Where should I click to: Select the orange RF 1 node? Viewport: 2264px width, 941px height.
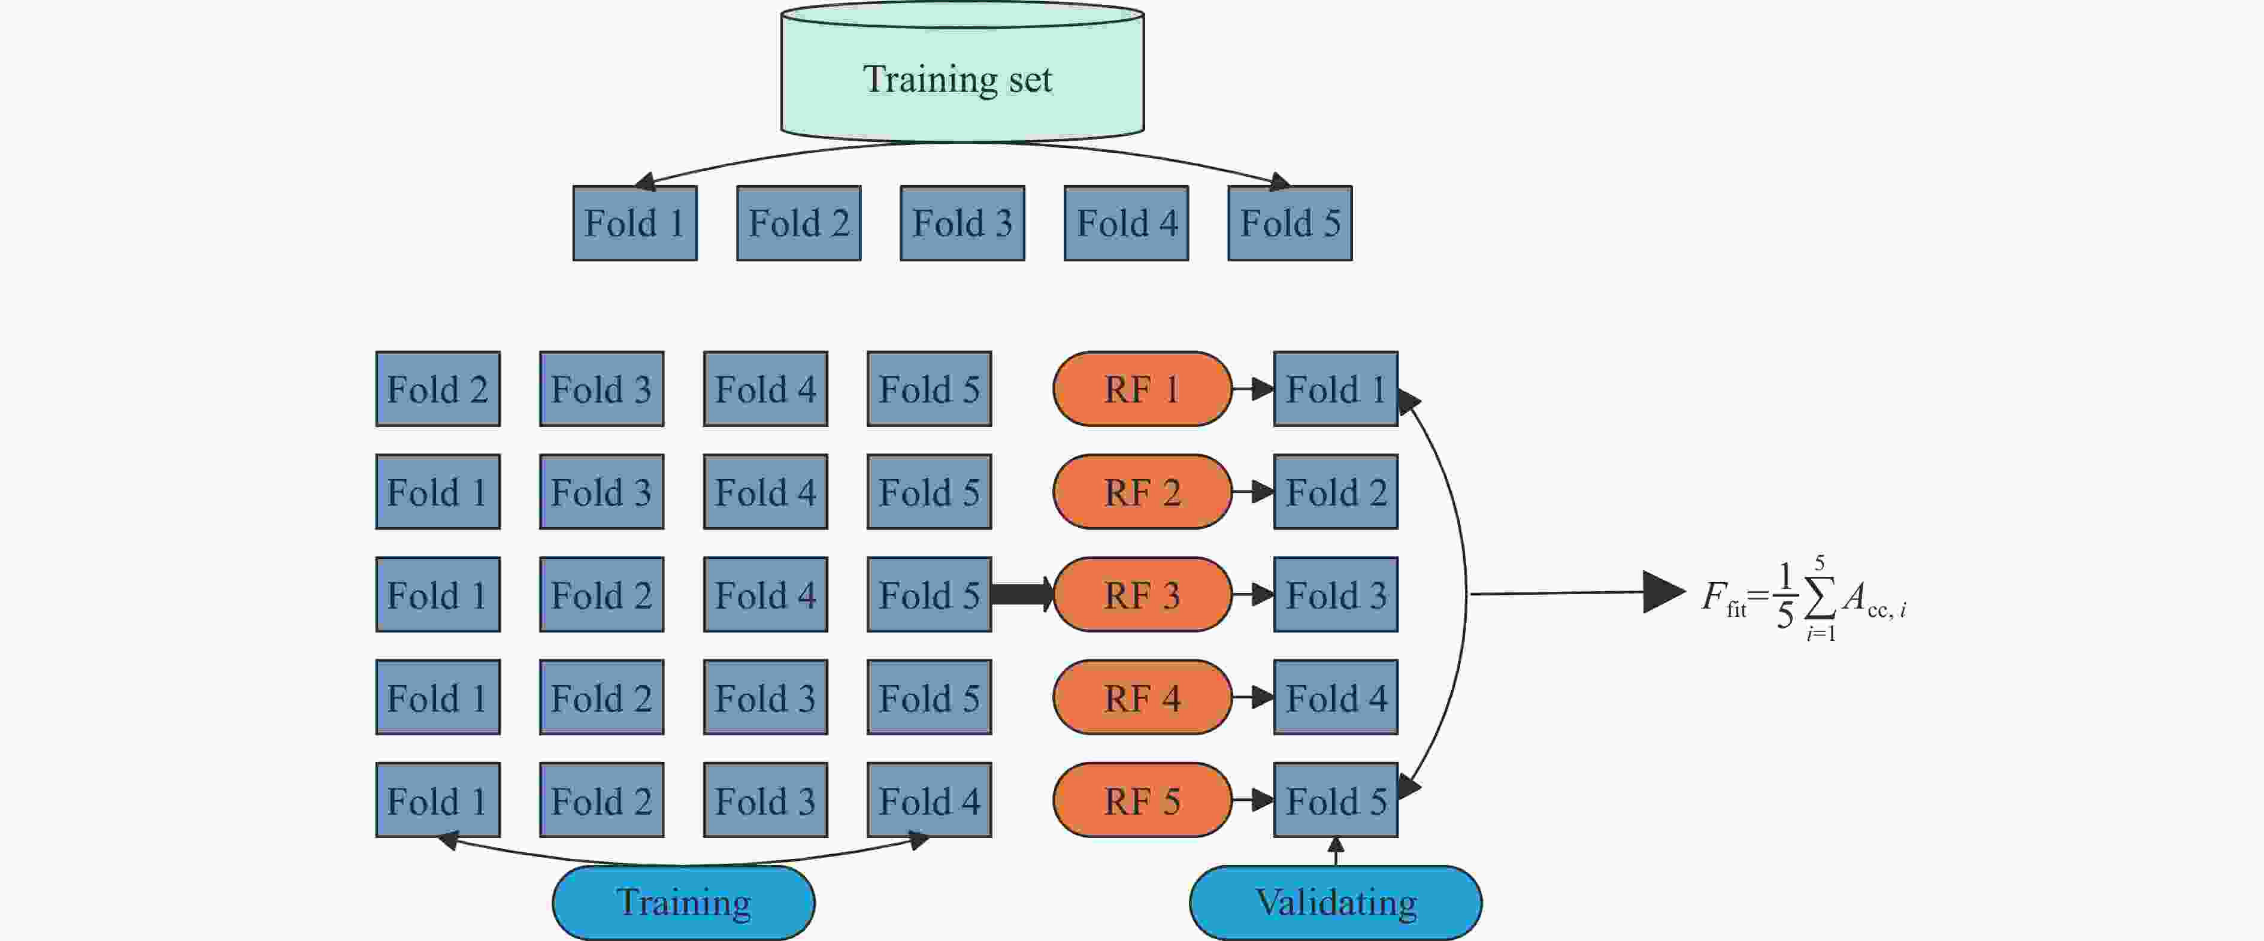point(1142,389)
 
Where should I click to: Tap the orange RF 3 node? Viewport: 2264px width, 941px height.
point(1142,595)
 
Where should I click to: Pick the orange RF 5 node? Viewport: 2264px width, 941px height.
point(1142,800)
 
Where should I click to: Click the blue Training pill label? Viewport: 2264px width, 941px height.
point(683,902)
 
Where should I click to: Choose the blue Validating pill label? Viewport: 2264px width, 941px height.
point(1335,902)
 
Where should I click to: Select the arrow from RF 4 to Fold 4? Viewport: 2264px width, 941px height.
point(1252,698)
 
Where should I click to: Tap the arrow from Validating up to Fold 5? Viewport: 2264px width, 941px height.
point(1336,851)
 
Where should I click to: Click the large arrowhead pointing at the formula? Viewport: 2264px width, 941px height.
point(1663,592)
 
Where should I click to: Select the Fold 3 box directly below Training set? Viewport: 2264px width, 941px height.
point(962,223)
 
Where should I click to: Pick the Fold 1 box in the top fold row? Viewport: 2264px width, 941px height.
point(634,223)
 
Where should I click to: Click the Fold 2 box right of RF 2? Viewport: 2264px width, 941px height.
point(1336,492)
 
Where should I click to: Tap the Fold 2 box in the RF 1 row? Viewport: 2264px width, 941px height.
point(438,389)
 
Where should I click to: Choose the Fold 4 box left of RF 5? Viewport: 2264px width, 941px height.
point(929,800)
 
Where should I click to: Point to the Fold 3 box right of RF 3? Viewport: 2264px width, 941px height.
point(1336,595)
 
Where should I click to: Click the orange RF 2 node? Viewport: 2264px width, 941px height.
point(1142,492)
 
